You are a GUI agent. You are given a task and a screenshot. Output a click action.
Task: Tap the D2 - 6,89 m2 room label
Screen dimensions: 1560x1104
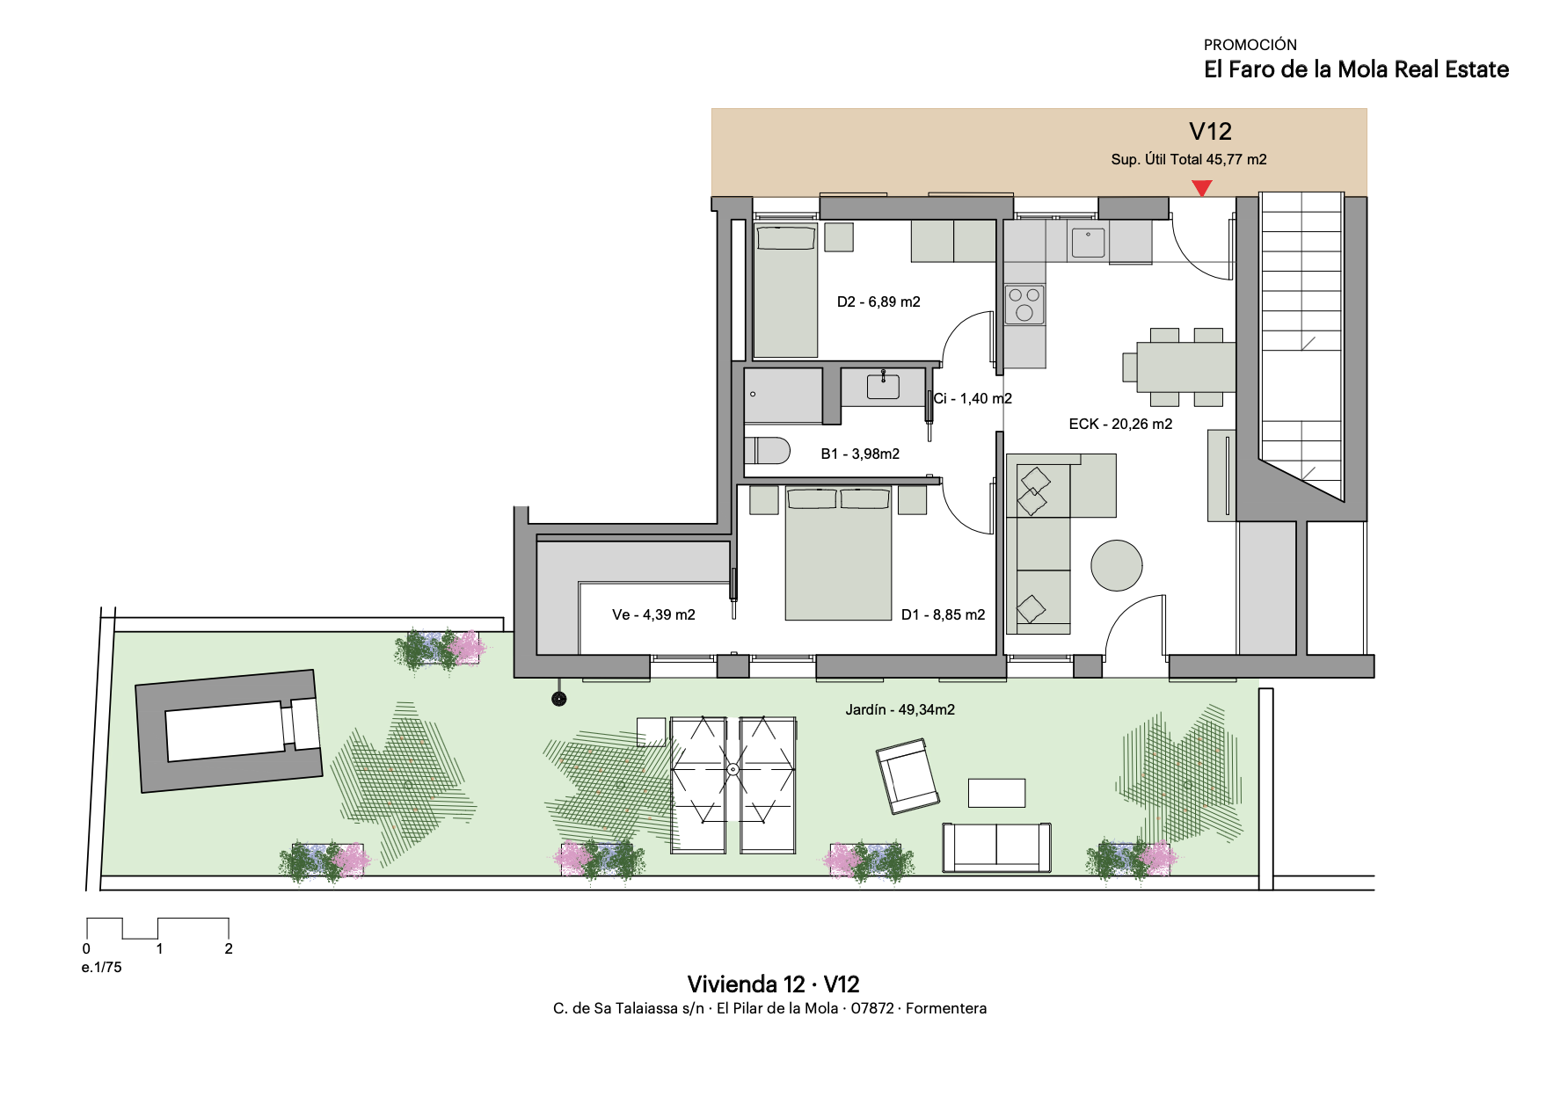click(878, 301)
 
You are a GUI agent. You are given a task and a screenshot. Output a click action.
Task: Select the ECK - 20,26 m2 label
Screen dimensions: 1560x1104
click(1120, 424)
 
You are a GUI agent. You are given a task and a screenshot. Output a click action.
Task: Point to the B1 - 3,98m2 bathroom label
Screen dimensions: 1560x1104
click(860, 454)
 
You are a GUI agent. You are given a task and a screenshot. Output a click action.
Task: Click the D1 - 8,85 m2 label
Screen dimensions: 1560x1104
click(943, 614)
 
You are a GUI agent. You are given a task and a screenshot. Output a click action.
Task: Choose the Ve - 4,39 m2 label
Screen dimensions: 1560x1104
click(653, 614)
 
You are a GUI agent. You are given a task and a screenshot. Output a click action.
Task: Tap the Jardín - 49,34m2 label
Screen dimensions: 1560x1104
click(900, 709)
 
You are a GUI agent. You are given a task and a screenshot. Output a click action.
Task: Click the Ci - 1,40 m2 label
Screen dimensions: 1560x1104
click(973, 398)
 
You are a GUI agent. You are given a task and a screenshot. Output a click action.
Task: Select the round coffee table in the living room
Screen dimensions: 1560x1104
click(1117, 565)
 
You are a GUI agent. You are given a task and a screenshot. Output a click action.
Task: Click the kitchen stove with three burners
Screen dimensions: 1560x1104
click(1024, 304)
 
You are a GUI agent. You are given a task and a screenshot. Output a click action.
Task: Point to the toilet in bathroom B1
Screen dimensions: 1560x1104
click(768, 450)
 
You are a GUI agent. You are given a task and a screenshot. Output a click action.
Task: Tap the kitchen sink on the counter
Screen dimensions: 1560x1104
click(1088, 242)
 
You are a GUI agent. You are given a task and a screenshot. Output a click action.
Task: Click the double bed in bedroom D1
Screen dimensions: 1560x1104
click(838, 554)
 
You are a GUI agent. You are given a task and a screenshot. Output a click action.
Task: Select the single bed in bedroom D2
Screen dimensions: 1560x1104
click(785, 291)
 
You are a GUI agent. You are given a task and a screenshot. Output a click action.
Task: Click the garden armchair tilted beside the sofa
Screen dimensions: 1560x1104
click(908, 776)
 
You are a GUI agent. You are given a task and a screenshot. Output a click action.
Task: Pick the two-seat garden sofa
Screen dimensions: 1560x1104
click(996, 847)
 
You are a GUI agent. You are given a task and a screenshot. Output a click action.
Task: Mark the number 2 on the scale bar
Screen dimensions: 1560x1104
click(229, 948)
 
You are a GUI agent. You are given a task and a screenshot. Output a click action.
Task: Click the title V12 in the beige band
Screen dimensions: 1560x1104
click(1210, 132)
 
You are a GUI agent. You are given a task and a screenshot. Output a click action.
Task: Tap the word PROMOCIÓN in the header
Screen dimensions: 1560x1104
click(1250, 45)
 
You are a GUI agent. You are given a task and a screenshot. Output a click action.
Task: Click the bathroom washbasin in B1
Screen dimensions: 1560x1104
click(883, 386)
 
